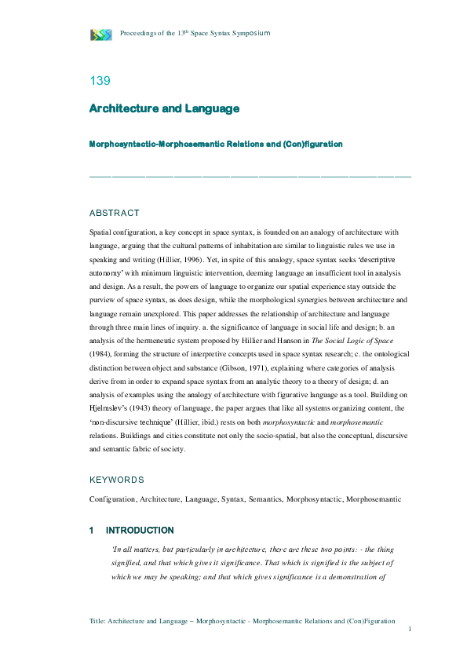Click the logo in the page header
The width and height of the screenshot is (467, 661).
pyautogui.click(x=101, y=34)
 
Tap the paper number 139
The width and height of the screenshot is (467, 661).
pyautogui.click(x=100, y=80)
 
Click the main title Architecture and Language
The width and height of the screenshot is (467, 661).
pyautogui.click(x=164, y=108)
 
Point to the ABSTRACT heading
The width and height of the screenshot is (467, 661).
pyautogui.click(x=115, y=213)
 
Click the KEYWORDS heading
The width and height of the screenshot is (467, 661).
pyautogui.click(x=117, y=480)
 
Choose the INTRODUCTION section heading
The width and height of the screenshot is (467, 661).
pyautogui.click(x=140, y=531)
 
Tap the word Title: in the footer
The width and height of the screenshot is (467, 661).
pyautogui.click(x=99, y=620)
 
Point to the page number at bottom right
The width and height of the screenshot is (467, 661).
pyautogui.click(x=409, y=630)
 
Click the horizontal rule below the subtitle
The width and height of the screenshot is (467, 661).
pyautogui.click(x=250, y=175)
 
